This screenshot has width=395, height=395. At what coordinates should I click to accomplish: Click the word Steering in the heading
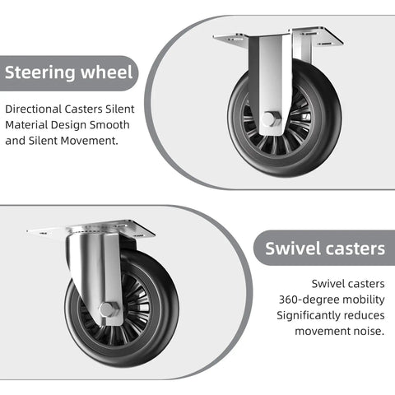coord(40,72)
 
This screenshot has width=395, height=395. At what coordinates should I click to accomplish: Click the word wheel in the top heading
coord(107,72)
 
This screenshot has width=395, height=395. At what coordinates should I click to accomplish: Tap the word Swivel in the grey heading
coord(293,249)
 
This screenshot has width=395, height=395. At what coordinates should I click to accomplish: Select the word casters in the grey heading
coord(355,249)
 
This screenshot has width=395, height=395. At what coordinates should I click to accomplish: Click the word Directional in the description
coord(34,109)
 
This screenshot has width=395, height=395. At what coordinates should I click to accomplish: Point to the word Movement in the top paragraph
coord(89,141)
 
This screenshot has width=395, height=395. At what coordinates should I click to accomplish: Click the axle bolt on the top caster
coord(271,119)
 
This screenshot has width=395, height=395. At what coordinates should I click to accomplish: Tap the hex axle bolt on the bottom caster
coord(109,309)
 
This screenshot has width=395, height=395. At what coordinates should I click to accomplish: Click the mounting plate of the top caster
coord(277,36)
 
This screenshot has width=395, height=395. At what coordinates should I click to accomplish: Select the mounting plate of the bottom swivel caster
coord(91,230)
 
